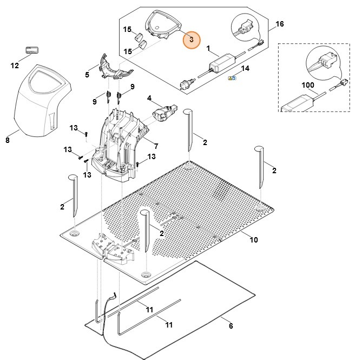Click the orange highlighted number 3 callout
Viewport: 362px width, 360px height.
pos(191,40)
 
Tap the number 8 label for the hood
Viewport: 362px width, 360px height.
pos(8,140)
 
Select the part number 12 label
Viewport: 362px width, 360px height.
pos(15,66)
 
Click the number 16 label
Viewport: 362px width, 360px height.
pos(280,24)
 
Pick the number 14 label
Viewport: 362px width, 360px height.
pos(245,69)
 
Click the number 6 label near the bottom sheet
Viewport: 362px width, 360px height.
pos(231,326)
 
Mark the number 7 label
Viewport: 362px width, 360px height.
pos(156,146)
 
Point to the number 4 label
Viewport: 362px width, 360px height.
pos(150,98)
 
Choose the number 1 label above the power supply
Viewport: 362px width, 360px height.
pos(209,49)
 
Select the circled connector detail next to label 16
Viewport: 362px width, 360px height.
pos(245,27)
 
